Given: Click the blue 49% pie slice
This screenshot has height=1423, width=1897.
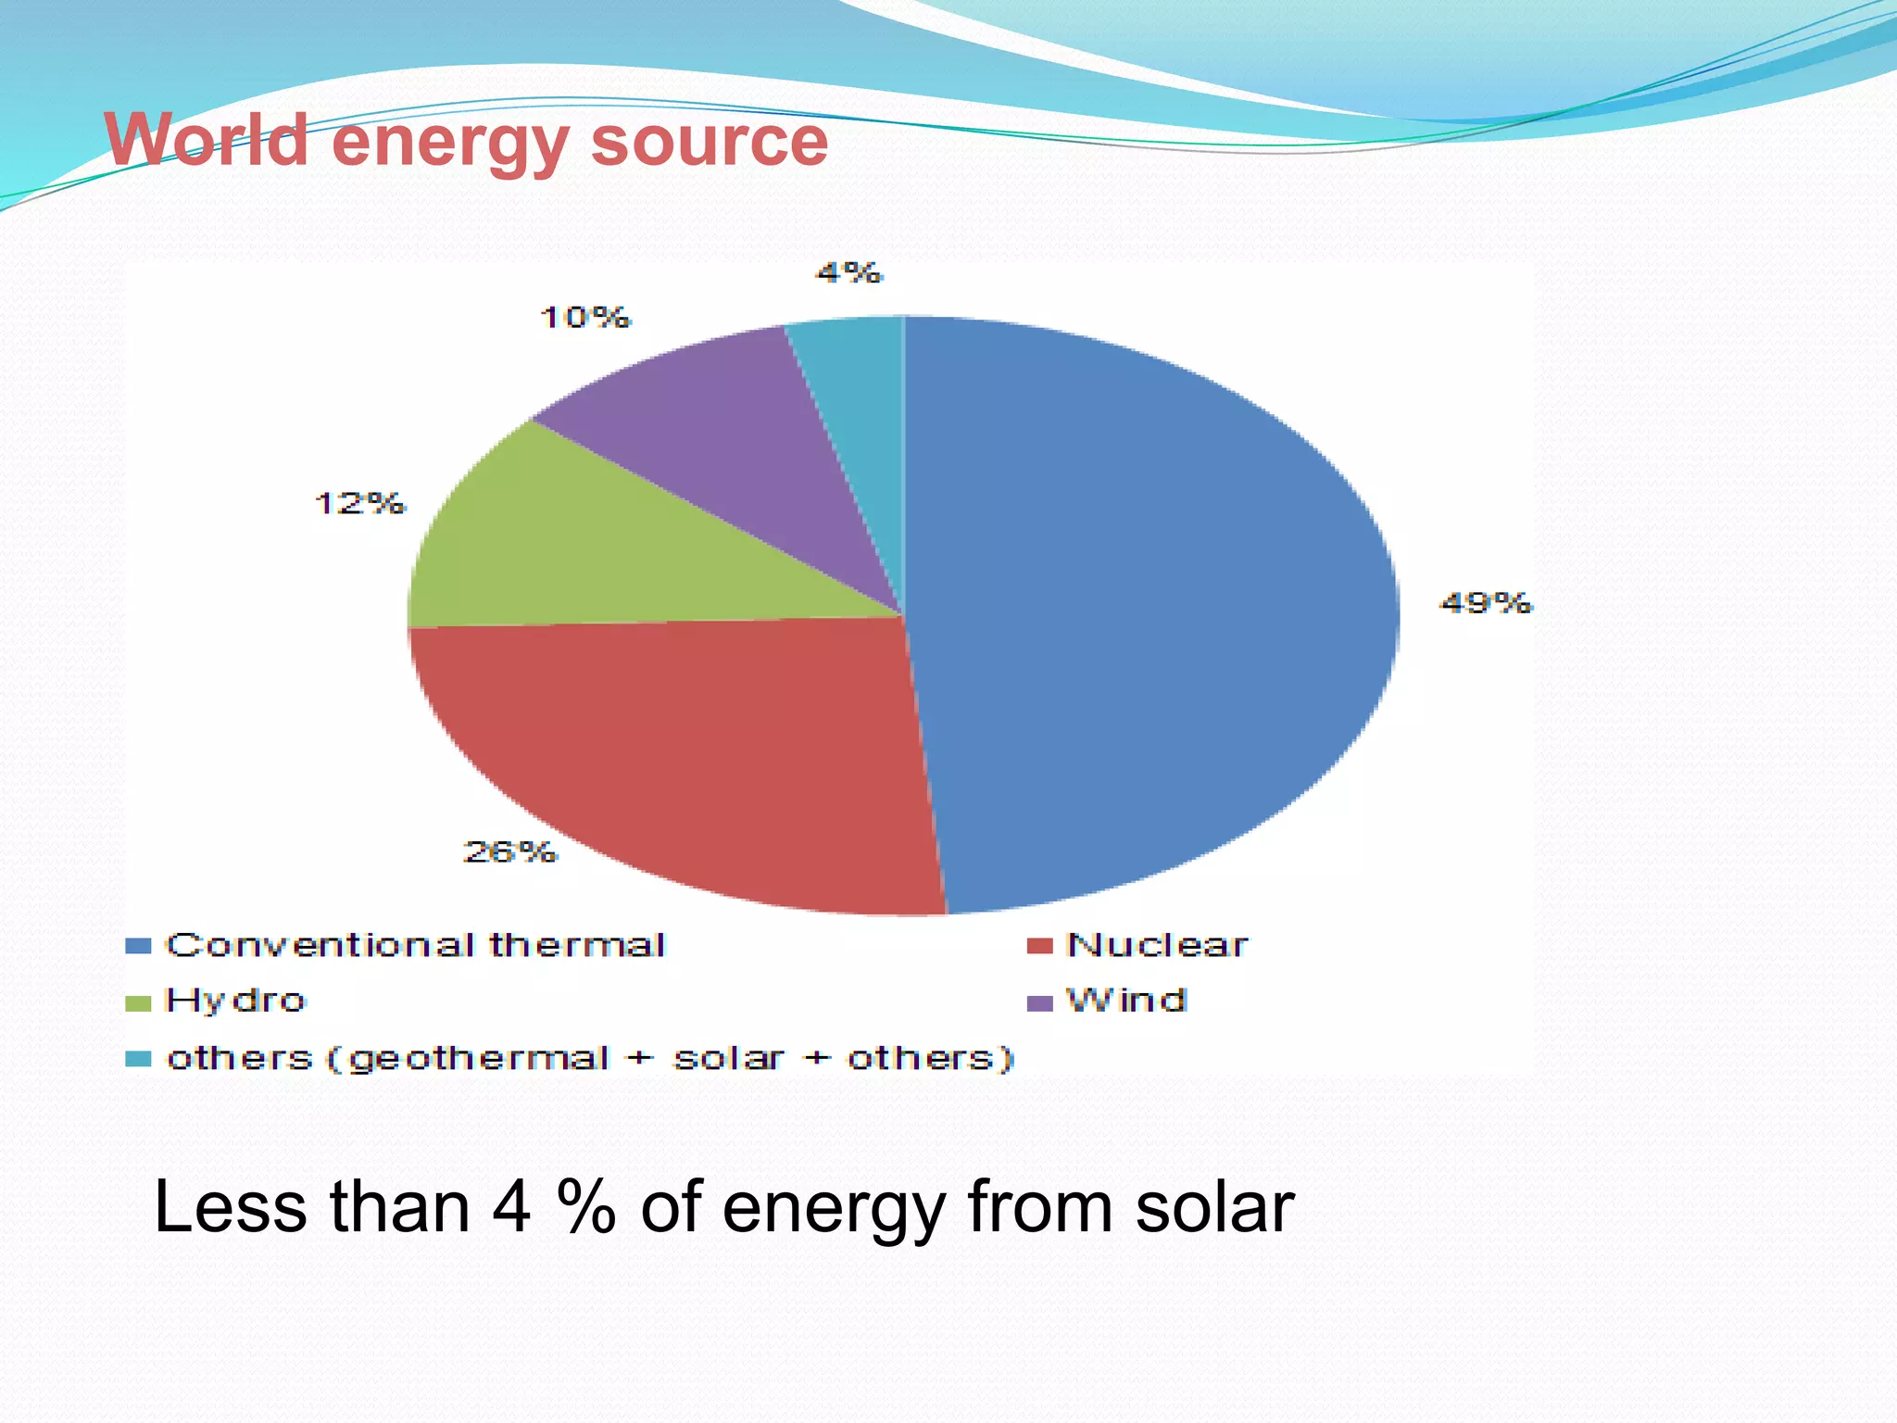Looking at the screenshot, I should coord(1149,611).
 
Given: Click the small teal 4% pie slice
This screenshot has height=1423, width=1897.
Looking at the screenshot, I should coord(861,389).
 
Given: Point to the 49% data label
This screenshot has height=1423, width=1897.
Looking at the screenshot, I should coord(1486,603).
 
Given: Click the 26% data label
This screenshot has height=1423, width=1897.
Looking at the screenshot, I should coord(509,851).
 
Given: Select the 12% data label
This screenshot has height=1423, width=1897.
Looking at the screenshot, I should coord(359,503).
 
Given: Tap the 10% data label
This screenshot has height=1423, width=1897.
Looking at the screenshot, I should coord(584,318).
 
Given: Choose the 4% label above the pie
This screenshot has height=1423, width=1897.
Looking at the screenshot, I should coord(848,272).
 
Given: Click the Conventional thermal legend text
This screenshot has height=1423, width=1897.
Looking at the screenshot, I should coord(415,945).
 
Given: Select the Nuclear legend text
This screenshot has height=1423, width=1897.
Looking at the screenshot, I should coord(1157,945).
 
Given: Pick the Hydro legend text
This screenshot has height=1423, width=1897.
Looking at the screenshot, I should coord(234,1001).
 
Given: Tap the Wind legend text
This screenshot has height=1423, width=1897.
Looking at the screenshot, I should coord(1125,1001).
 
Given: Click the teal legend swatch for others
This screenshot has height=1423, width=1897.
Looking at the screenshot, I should coord(138,1058).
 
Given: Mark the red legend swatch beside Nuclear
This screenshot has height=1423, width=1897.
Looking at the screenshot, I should coord(1040,946).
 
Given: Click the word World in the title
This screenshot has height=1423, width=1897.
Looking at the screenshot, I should coord(206,140).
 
